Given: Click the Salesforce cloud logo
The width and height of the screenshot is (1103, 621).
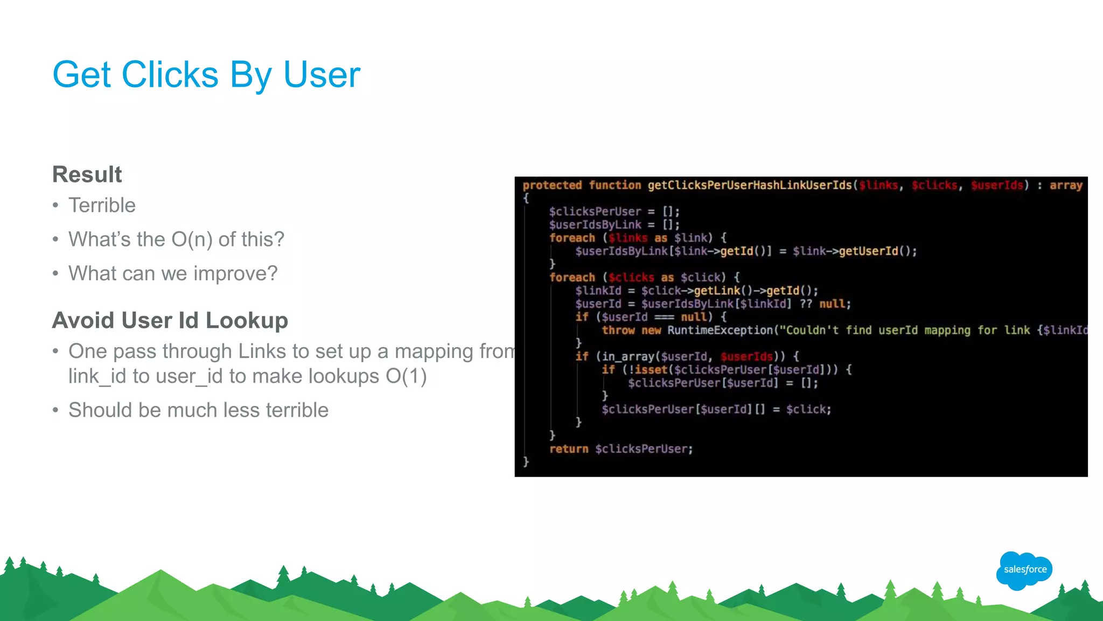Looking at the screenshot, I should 1024,570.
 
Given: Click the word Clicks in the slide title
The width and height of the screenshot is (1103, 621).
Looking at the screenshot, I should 170,74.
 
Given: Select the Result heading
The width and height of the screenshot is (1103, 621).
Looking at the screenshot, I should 87,175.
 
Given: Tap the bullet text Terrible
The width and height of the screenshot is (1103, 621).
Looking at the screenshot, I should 102,205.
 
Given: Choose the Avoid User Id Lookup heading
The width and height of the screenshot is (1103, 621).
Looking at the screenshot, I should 170,320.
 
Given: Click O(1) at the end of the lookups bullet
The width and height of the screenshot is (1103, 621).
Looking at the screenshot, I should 406,376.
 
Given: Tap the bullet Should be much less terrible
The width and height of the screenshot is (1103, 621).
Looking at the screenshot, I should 198,410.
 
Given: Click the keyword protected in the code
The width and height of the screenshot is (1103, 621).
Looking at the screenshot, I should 552,185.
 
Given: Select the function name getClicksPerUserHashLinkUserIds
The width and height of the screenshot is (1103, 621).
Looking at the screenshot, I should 750,185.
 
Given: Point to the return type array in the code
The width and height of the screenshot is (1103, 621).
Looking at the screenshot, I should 1066,185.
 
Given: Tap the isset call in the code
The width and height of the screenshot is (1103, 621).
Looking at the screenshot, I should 651,370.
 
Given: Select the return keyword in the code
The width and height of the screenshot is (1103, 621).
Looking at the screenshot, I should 569,449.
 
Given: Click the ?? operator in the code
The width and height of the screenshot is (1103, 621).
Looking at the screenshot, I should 806,304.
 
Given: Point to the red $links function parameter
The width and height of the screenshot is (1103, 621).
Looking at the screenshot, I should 878,185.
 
